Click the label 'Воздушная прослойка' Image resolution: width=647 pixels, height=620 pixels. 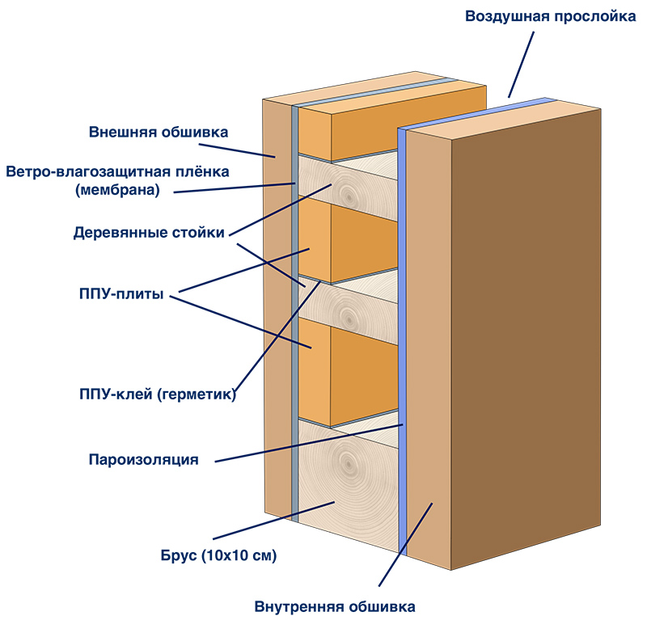pyautogui.click(x=551, y=16)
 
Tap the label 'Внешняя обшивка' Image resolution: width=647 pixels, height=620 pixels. pyautogui.click(x=159, y=132)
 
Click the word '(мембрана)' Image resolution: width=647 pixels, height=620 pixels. pyautogui.click(x=117, y=191)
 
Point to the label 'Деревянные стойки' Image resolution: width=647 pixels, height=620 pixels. pyautogui.click(x=149, y=233)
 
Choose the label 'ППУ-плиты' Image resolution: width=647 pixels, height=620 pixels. pyautogui.click(x=121, y=294)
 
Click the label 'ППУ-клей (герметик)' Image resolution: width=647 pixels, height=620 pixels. pyautogui.click(x=158, y=394)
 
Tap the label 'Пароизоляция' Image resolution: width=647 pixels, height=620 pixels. pyautogui.click(x=144, y=459)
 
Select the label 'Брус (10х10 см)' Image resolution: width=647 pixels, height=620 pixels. pyautogui.click(x=218, y=555)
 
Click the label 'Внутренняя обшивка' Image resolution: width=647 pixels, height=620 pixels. pyautogui.click(x=335, y=607)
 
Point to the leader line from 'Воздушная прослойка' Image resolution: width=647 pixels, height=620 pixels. pyautogui.click(x=521, y=65)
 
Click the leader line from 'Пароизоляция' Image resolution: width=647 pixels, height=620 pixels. pyautogui.click(x=309, y=443)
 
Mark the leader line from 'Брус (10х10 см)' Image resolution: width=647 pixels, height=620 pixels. pyautogui.click(x=273, y=521)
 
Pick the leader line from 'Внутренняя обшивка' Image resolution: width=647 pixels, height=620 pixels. pyautogui.click(x=406, y=544)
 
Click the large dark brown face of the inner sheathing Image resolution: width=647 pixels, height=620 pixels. pyautogui.click(x=526, y=339)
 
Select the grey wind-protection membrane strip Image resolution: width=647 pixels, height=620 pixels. pyautogui.click(x=294, y=314)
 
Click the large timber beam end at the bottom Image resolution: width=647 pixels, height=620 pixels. pyautogui.click(x=348, y=485)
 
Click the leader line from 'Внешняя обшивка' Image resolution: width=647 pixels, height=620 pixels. pyautogui.click(x=237, y=150)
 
